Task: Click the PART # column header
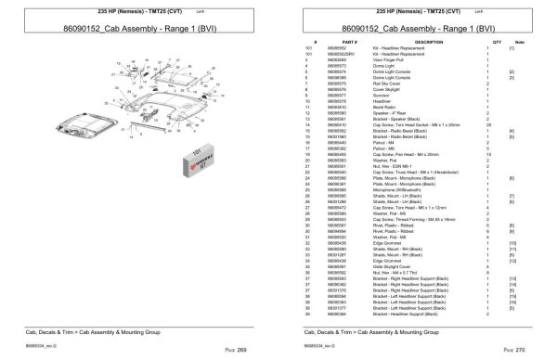tap(350, 43)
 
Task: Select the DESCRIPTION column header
tap(428, 43)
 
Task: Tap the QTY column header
tap(497, 43)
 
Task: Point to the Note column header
tap(520, 43)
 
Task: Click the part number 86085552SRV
tap(356, 54)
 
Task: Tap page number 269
tap(241, 347)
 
